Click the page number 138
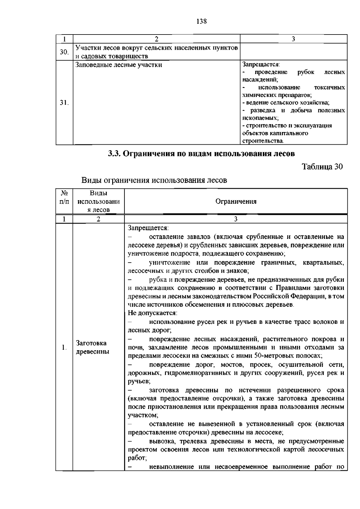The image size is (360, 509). point(202,21)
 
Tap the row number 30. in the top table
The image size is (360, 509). point(64,52)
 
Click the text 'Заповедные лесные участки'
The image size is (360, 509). point(118,65)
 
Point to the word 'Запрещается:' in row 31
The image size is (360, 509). point(261,64)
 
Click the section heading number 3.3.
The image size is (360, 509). point(114,154)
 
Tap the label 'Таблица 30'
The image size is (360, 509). point(322,167)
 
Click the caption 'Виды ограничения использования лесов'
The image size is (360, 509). point(154,180)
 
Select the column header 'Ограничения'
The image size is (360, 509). point(236,201)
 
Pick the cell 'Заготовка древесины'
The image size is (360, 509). point(92,347)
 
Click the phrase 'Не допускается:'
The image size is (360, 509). point(153,313)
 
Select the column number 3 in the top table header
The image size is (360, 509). point(293,38)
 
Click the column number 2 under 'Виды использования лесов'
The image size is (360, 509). point(98,219)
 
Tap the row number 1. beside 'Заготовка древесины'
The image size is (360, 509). point(64,348)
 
